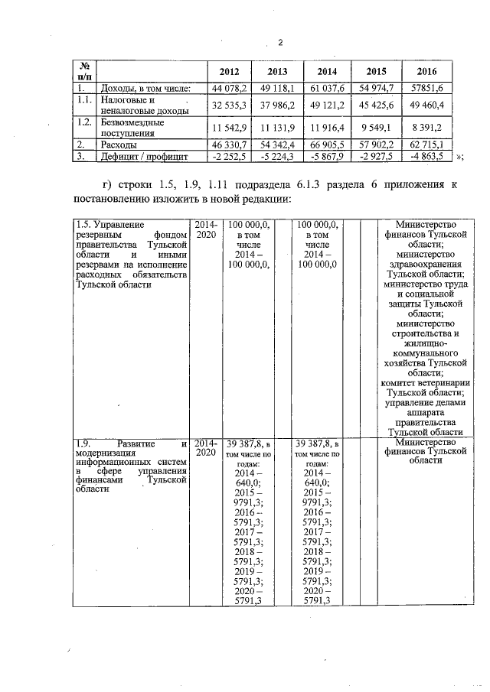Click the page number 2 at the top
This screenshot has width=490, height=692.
pos(280,42)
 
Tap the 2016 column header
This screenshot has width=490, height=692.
pos(426,71)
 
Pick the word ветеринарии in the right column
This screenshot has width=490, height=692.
pos(441,384)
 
